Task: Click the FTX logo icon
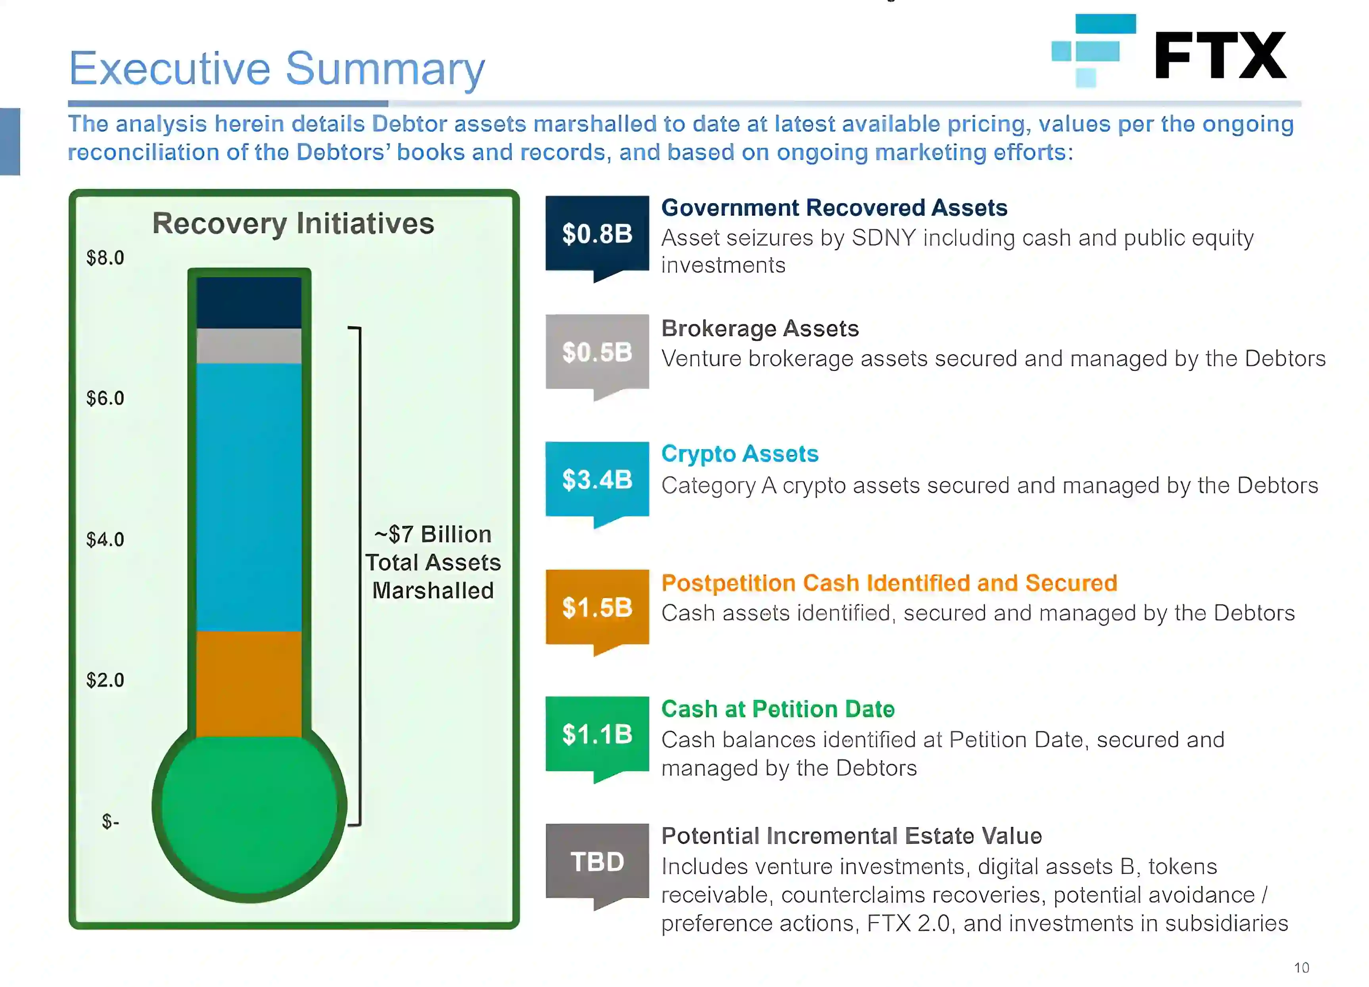coord(1093,51)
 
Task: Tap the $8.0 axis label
coord(105,258)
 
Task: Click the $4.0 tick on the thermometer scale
coord(105,539)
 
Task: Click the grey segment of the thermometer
coord(249,346)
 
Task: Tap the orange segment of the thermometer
coord(249,684)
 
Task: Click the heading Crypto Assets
coord(740,454)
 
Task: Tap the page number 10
coord(1302,968)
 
